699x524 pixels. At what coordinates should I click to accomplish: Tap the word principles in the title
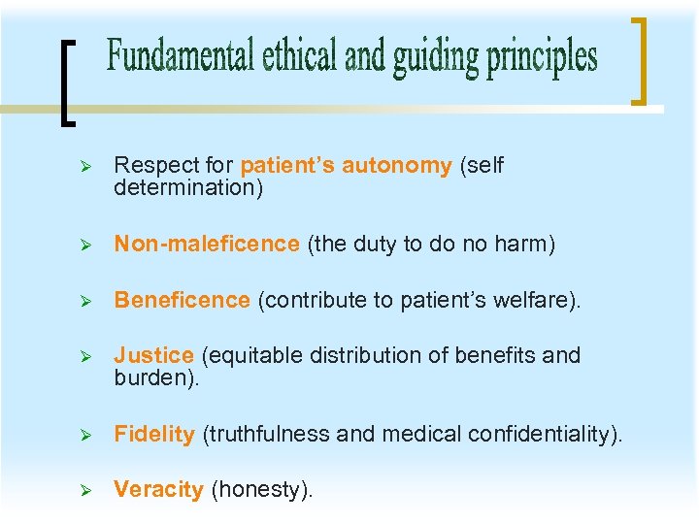(542, 57)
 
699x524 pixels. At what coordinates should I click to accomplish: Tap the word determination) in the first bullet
(188, 187)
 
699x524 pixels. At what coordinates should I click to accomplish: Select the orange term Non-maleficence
(207, 245)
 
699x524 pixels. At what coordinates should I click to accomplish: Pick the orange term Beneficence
(182, 301)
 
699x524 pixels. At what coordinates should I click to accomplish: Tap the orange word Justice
(153, 356)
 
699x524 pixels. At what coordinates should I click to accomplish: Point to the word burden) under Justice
(156, 377)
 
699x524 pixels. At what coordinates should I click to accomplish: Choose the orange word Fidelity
(154, 435)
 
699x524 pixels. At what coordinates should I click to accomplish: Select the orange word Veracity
(158, 490)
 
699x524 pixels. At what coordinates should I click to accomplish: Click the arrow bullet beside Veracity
(84, 491)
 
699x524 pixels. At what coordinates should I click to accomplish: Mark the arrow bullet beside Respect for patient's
(84, 167)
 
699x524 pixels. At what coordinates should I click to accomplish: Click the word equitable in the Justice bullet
(251, 356)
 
